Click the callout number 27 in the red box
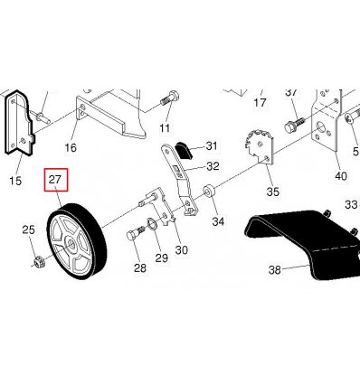(55, 180)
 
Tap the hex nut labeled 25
(39, 262)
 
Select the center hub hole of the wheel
(71, 242)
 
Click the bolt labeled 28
(136, 233)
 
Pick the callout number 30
(181, 249)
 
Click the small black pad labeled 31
(184, 150)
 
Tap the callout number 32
(213, 166)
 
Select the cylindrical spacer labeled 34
(209, 192)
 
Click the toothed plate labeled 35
(260, 147)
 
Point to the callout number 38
(274, 270)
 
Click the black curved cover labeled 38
(301, 241)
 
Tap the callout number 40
(341, 175)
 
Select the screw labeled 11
(170, 98)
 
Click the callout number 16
(71, 147)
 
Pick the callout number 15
(15, 181)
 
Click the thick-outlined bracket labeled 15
(19, 124)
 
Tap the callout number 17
(260, 103)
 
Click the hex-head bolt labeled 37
(295, 126)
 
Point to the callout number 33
(351, 205)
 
